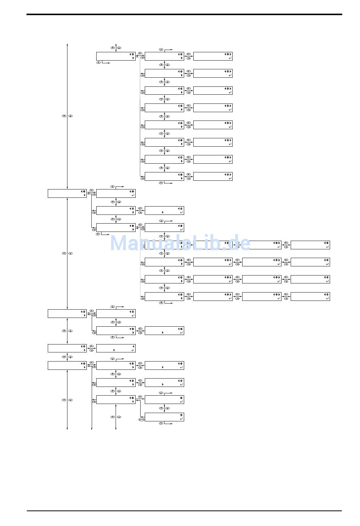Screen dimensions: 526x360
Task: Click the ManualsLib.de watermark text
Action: [180, 243]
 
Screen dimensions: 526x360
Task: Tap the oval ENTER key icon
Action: [141, 420]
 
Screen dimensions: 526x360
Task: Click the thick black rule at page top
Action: [184, 14]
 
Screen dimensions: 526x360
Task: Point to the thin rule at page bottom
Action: [184, 511]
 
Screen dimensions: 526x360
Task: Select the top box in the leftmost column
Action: [67, 193]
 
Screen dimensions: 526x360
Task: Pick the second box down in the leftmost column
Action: [67, 313]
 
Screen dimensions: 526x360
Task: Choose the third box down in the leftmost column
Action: [67, 348]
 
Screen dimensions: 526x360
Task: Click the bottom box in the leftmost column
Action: [67, 365]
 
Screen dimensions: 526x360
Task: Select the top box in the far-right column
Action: [310, 245]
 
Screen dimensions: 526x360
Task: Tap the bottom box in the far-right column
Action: [310, 296]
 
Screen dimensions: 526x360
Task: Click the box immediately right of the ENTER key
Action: [164, 417]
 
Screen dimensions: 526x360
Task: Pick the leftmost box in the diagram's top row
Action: [116, 56]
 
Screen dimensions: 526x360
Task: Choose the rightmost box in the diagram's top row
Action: [213, 56]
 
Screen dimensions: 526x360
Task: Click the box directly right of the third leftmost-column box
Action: [116, 348]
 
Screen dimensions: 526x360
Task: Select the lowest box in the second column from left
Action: [116, 399]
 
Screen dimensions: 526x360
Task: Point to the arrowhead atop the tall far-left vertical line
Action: [67, 44]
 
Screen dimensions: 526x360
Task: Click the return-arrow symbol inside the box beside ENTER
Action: [181, 419]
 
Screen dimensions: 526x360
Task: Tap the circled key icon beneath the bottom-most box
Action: [161, 423]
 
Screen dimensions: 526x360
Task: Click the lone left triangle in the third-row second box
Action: [133, 346]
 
